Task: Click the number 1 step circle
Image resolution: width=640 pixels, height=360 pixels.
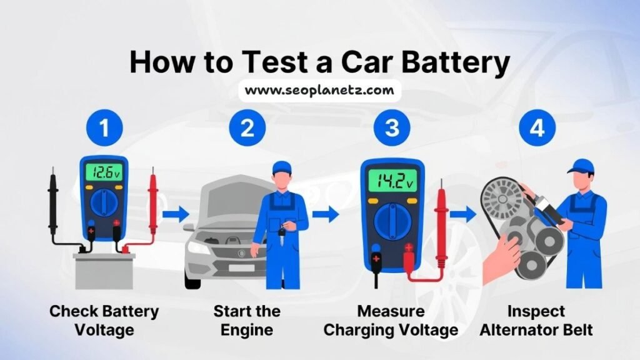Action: tap(104, 128)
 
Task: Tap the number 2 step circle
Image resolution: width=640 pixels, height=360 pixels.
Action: tap(248, 128)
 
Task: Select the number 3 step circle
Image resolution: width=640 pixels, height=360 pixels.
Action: tap(392, 128)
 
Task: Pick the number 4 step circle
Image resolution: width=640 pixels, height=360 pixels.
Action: tap(536, 128)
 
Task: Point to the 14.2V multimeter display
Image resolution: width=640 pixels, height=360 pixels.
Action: tap(392, 181)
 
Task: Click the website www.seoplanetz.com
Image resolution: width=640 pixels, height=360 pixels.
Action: tap(319, 90)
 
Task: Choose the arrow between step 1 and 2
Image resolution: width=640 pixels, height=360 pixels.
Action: tap(176, 215)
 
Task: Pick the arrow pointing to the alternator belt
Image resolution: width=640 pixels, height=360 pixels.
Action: tap(462, 215)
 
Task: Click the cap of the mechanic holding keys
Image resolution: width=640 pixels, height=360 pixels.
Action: tap(282, 167)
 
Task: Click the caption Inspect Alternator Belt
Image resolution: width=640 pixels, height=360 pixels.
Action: tap(536, 320)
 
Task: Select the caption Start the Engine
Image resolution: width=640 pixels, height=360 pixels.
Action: tap(247, 320)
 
